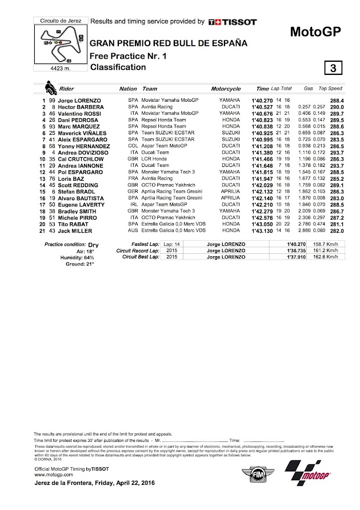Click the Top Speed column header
point(330,89)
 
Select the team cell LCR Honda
point(154,160)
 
